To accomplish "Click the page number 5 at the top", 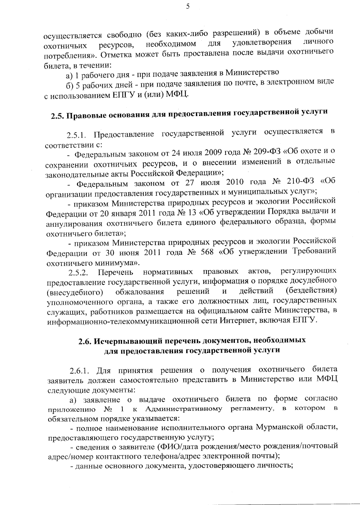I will pos(187,7).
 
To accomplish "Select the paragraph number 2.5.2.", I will pos(79,273).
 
